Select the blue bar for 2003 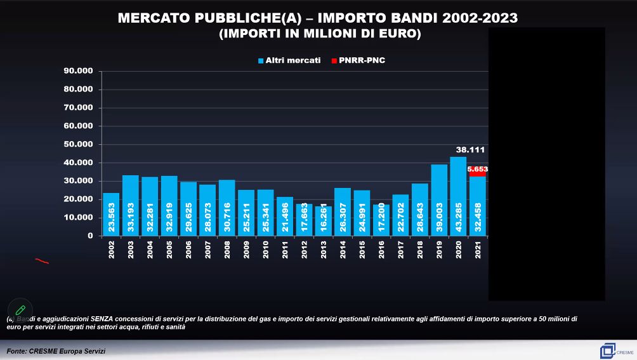click(131, 205)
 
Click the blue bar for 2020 click(458, 196)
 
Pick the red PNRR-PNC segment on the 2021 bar click(478, 172)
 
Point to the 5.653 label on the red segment click(478, 170)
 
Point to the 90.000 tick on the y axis click(78, 71)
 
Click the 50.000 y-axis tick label click(78, 144)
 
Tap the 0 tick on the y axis click(90, 236)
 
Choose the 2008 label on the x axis click(227, 250)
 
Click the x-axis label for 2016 click(381, 250)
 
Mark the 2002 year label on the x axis click(111, 250)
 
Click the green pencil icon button click(20, 310)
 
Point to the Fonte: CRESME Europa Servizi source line click(56, 351)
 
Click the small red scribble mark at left click(42, 260)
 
